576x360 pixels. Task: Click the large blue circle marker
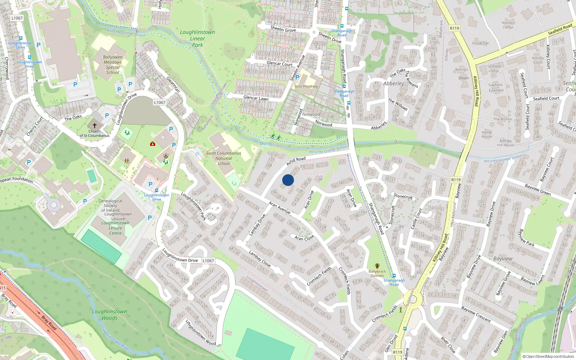point(288,180)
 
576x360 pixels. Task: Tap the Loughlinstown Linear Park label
point(197,39)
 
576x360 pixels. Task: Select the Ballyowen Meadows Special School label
point(113,65)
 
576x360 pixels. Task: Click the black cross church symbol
point(95,126)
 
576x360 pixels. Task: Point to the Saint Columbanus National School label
point(224,158)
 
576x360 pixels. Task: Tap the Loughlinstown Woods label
point(109,315)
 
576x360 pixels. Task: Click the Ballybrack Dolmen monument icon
point(377,266)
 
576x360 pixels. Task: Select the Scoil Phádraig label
point(306,86)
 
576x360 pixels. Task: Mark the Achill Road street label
point(296,161)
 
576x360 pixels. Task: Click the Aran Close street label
point(304,238)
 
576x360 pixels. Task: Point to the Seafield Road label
point(560,29)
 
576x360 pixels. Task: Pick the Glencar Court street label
point(279,64)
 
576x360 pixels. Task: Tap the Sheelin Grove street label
point(283,29)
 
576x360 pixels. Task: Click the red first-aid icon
point(153,144)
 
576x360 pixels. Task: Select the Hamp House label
point(487,134)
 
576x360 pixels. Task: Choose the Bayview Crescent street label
point(476,314)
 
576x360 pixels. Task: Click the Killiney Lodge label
point(508,25)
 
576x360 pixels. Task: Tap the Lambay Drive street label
point(257,225)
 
